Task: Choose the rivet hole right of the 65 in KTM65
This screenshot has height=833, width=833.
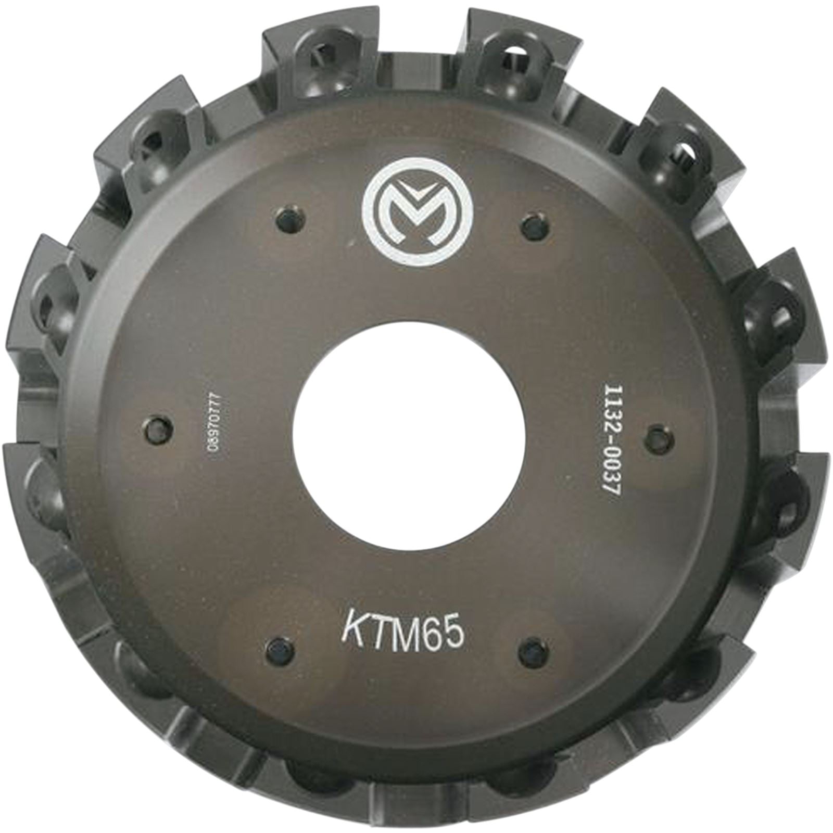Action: click(x=533, y=648)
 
